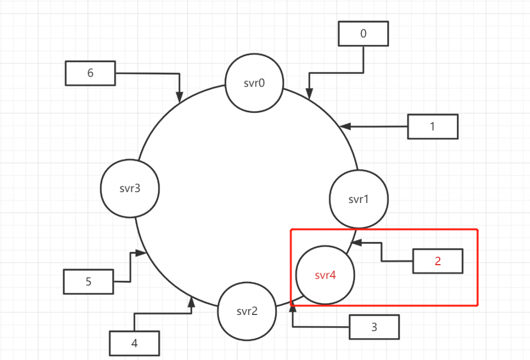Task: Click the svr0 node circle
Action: point(254,83)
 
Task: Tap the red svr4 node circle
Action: point(325,275)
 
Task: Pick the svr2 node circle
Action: point(246,311)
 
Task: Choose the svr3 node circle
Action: point(129,189)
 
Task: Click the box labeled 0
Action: point(363,35)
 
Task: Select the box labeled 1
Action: point(433,127)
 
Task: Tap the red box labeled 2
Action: point(437,261)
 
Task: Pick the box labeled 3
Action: point(374,327)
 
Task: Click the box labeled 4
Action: point(134,343)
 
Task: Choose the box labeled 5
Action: point(88,282)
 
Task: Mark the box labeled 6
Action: point(91,73)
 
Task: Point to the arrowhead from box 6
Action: point(180,98)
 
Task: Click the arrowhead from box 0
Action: point(310,94)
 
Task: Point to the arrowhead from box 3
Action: point(293,308)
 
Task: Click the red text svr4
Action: point(325,275)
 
